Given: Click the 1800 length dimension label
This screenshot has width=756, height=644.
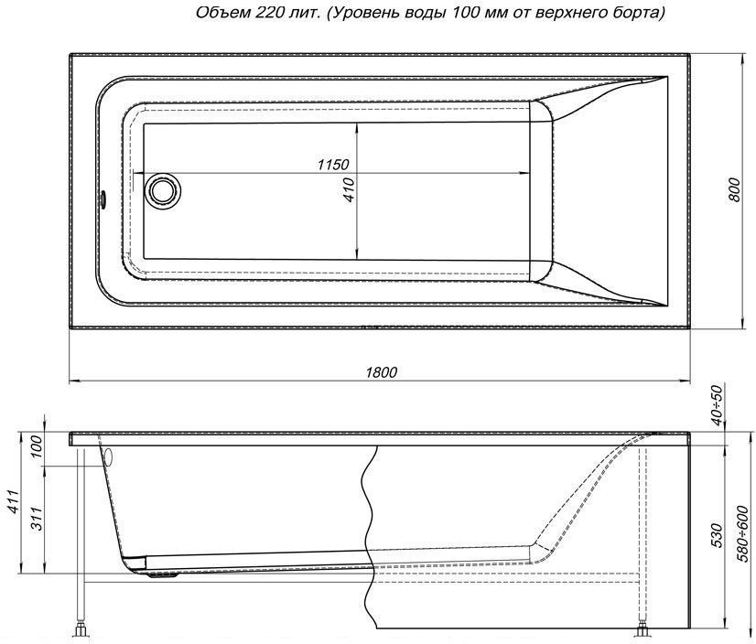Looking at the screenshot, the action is (381, 372).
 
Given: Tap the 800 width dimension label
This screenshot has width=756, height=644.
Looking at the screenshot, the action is (734, 190).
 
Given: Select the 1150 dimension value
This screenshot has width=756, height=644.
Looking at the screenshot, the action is (332, 165).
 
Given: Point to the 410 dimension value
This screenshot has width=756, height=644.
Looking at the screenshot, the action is (349, 190).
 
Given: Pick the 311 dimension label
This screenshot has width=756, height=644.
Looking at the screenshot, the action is (38, 519).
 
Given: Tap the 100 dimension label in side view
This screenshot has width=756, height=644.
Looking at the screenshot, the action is (38, 446).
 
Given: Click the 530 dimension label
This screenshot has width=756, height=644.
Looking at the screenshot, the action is (717, 534).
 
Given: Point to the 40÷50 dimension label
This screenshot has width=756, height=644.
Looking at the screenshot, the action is (718, 405).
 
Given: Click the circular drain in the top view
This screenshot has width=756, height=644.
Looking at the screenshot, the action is (164, 190).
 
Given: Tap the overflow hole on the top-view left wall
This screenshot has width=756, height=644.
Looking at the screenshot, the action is (103, 199).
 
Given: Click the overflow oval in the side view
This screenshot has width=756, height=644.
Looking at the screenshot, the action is (108, 457).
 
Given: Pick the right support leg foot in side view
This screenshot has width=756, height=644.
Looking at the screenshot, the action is (643, 631).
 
